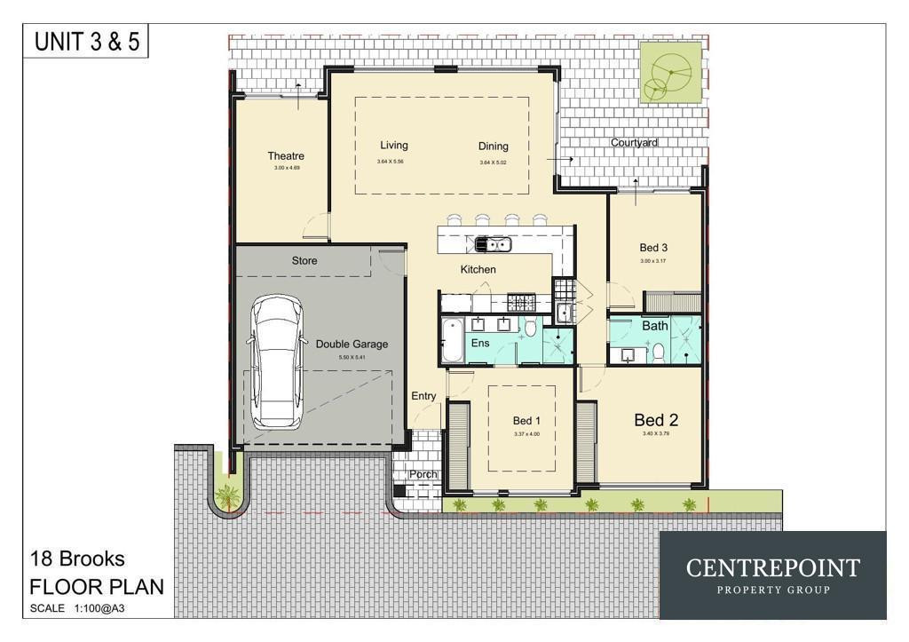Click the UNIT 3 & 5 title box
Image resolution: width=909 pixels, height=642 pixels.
coord(87,42)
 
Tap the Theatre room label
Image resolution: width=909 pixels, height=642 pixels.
coord(286,156)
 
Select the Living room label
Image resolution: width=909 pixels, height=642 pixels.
coord(394,146)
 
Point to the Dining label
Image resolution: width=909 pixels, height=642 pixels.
coord(494,147)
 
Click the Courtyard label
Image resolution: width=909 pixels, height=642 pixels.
coord(634,142)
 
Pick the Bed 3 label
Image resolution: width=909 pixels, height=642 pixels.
coord(653,248)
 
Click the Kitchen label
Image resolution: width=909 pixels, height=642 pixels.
coord(478,269)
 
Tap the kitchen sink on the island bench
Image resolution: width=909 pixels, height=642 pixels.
coord(492,243)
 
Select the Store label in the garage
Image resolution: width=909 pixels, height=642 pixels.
coord(304,261)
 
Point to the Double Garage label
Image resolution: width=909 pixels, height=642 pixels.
coord(352,345)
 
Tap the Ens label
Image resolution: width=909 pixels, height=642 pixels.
coord(480,343)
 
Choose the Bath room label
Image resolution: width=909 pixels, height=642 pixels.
coord(655,326)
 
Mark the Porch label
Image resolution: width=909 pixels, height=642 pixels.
coord(423,475)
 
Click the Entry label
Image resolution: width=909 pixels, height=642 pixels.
coord(423,396)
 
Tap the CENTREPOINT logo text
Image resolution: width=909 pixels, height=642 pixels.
coord(772,568)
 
